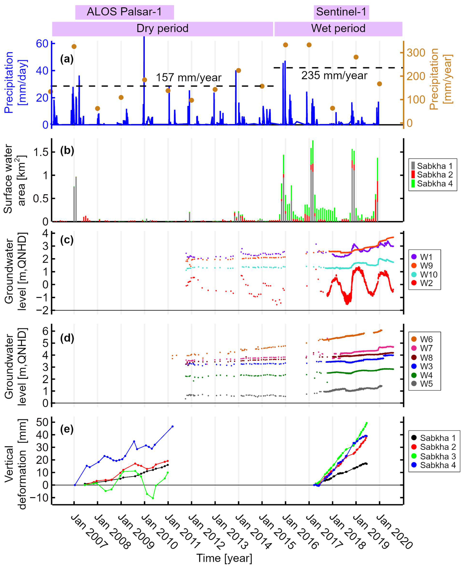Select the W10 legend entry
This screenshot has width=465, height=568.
pos(425,275)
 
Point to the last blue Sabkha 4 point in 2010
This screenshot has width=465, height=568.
pos(173,426)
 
